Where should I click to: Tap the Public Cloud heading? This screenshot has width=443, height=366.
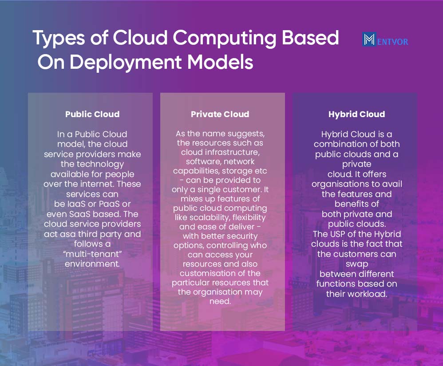(92, 114)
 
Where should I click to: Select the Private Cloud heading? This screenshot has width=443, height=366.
(220, 114)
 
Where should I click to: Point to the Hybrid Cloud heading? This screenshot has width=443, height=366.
(356, 114)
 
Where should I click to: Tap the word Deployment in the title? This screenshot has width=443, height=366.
(126, 63)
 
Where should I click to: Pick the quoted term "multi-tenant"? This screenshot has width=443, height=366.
(92, 254)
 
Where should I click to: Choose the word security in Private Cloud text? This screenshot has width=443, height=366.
(242, 236)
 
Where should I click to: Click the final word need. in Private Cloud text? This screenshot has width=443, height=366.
(220, 301)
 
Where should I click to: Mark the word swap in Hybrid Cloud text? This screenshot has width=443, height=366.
(357, 264)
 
